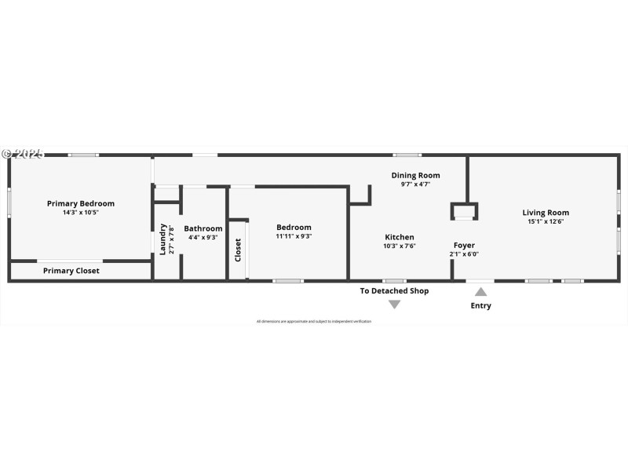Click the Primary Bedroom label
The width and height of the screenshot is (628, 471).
coord(80,203)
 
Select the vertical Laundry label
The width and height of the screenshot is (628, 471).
coord(163,239)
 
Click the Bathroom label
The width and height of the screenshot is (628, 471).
coord(203,228)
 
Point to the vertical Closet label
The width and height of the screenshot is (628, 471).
coord(238,250)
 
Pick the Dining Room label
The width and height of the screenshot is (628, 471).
coord(415,175)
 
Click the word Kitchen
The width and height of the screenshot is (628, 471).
coord(399,237)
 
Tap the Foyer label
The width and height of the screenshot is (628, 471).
coord(464,246)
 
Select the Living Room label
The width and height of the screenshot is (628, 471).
coord(546,212)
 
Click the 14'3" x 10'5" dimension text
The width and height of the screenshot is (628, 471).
coord(80,213)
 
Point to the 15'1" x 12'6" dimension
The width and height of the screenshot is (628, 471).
coord(546,221)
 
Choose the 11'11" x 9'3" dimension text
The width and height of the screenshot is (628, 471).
coord(294,236)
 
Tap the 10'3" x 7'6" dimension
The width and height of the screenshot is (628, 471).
coord(399,246)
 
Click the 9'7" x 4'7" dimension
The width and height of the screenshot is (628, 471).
coord(415,184)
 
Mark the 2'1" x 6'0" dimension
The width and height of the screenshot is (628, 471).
coord(464,254)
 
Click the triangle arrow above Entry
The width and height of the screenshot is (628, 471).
coord(480,292)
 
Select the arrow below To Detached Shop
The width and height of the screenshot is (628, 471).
coord(395,304)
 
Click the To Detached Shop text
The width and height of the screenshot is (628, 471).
coord(394,290)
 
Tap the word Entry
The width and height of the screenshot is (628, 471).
coord(480,305)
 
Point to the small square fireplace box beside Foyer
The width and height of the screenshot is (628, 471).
coord(464,211)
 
